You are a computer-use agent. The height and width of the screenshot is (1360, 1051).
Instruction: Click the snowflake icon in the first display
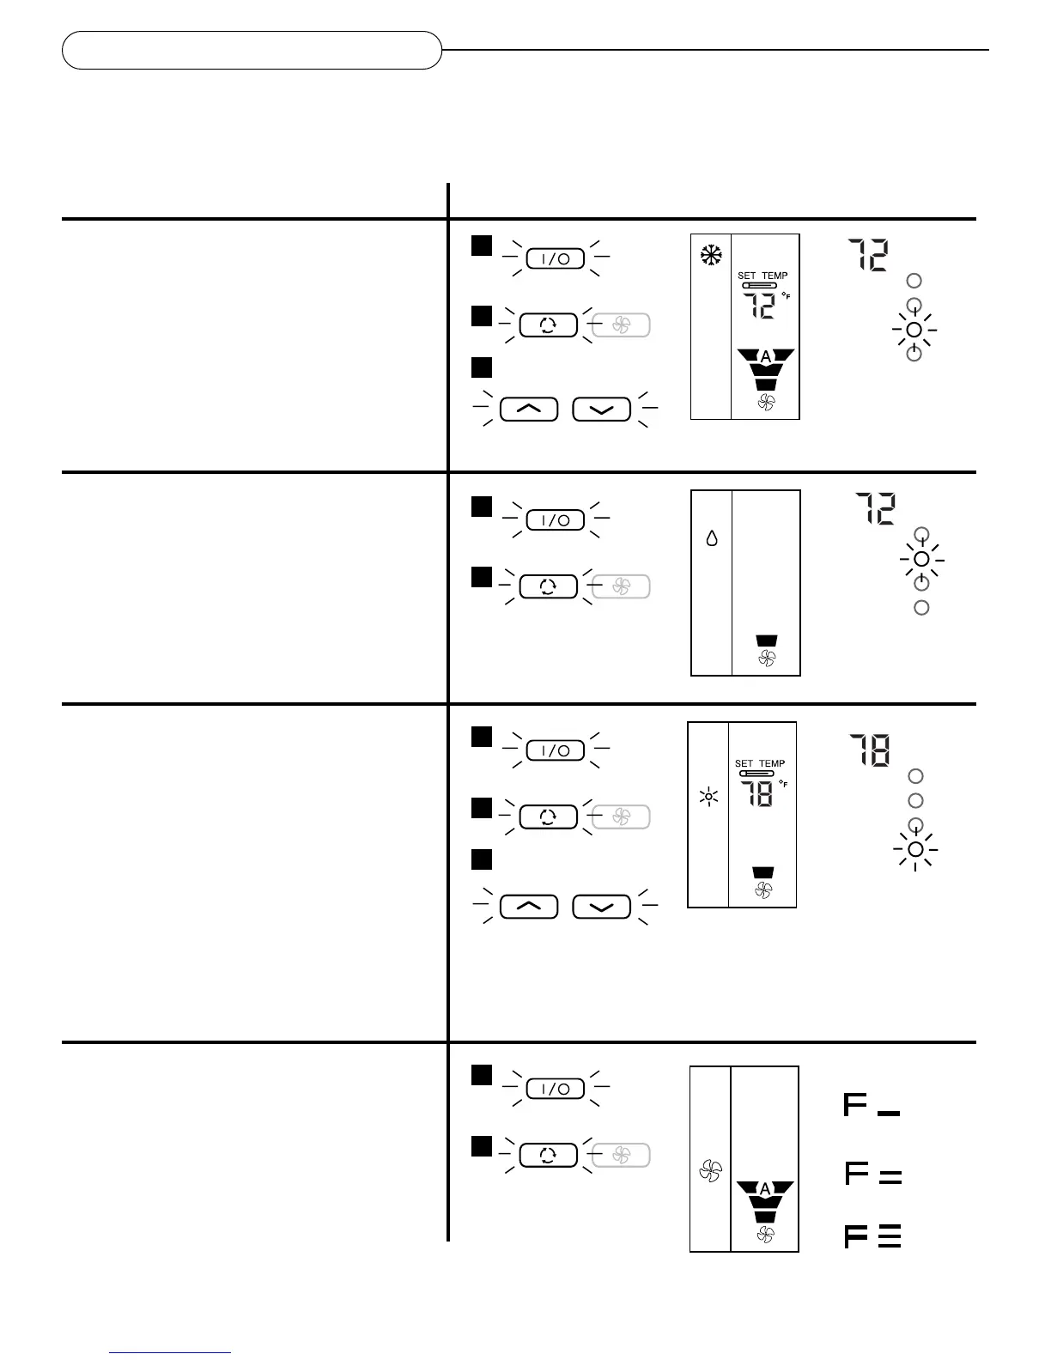(x=711, y=254)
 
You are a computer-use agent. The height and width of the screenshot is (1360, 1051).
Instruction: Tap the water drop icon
(x=712, y=539)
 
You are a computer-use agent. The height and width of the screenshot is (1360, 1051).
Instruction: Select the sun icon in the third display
(x=708, y=798)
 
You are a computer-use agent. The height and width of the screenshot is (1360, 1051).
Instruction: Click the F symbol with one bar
(x=871, y=1104)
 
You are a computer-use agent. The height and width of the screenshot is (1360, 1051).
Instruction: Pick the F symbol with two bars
(x=872, y=1174)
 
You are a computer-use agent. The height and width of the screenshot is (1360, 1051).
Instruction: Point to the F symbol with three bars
(x=872, y=1236)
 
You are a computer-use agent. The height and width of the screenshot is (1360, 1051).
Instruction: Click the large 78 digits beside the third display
(x=869, y=750)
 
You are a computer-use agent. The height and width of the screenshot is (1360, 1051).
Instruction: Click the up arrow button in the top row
(x=528, y=410)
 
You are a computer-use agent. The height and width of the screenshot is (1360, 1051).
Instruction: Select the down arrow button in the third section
(x=601, y=907)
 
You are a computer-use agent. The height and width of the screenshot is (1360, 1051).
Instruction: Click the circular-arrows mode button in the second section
(x=548, y=586)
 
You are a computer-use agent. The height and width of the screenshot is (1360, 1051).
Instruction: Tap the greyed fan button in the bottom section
(x=621, y=1155)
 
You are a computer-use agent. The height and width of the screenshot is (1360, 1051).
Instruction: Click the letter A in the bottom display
(x=765, y=1189)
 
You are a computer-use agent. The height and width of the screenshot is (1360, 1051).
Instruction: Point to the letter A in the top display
(x=766, y=356)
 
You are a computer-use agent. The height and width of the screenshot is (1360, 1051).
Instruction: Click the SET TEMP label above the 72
(x=762, y=276)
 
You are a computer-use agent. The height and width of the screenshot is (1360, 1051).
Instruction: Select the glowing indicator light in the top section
(x=914, y=330)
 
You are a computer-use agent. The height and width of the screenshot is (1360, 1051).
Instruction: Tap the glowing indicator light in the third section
(x=915, y=849)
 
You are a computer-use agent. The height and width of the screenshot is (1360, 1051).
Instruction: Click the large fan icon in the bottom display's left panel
(x=711, y=1170)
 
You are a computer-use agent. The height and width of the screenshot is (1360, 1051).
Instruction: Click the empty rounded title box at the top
(x=252, y=50)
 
